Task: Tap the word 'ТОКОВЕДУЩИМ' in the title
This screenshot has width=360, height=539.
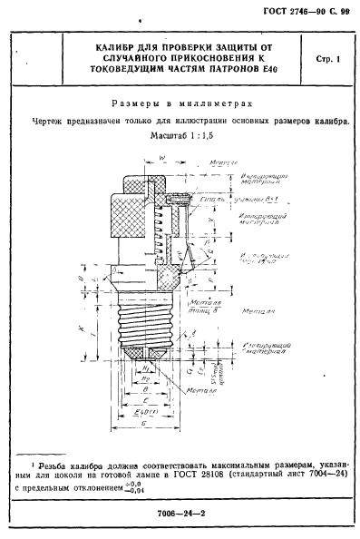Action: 129,73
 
